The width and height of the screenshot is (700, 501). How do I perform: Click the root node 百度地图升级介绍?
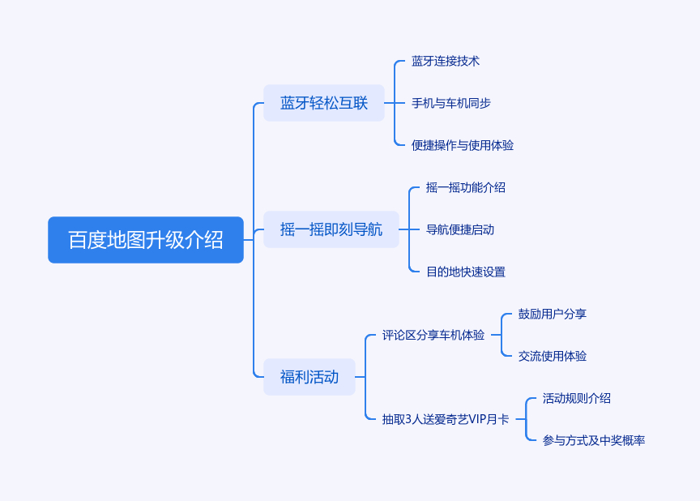146,240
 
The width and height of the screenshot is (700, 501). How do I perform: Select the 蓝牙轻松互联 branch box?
324,103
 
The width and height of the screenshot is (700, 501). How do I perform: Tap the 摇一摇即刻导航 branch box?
331,229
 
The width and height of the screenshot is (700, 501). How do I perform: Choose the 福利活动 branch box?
309,377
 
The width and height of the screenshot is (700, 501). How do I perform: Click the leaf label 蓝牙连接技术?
446,61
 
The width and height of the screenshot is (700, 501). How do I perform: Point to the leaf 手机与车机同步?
451,103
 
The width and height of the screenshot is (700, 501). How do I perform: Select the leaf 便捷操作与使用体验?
463,145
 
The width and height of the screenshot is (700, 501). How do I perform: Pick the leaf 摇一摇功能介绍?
466,187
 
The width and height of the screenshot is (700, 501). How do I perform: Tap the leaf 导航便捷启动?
460,229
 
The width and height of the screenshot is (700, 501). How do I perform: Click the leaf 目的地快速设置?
466,272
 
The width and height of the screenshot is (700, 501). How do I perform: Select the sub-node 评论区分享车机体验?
433,335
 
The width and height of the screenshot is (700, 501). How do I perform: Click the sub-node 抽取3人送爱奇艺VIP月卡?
446,419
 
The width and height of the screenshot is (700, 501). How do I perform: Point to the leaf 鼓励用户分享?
553,314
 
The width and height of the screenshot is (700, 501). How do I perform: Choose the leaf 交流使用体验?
553,356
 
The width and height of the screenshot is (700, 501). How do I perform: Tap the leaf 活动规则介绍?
577,398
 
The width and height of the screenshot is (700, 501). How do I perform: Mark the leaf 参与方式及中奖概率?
594,440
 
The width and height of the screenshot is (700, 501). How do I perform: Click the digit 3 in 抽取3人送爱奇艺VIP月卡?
408,419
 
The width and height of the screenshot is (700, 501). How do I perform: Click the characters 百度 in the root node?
87,240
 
